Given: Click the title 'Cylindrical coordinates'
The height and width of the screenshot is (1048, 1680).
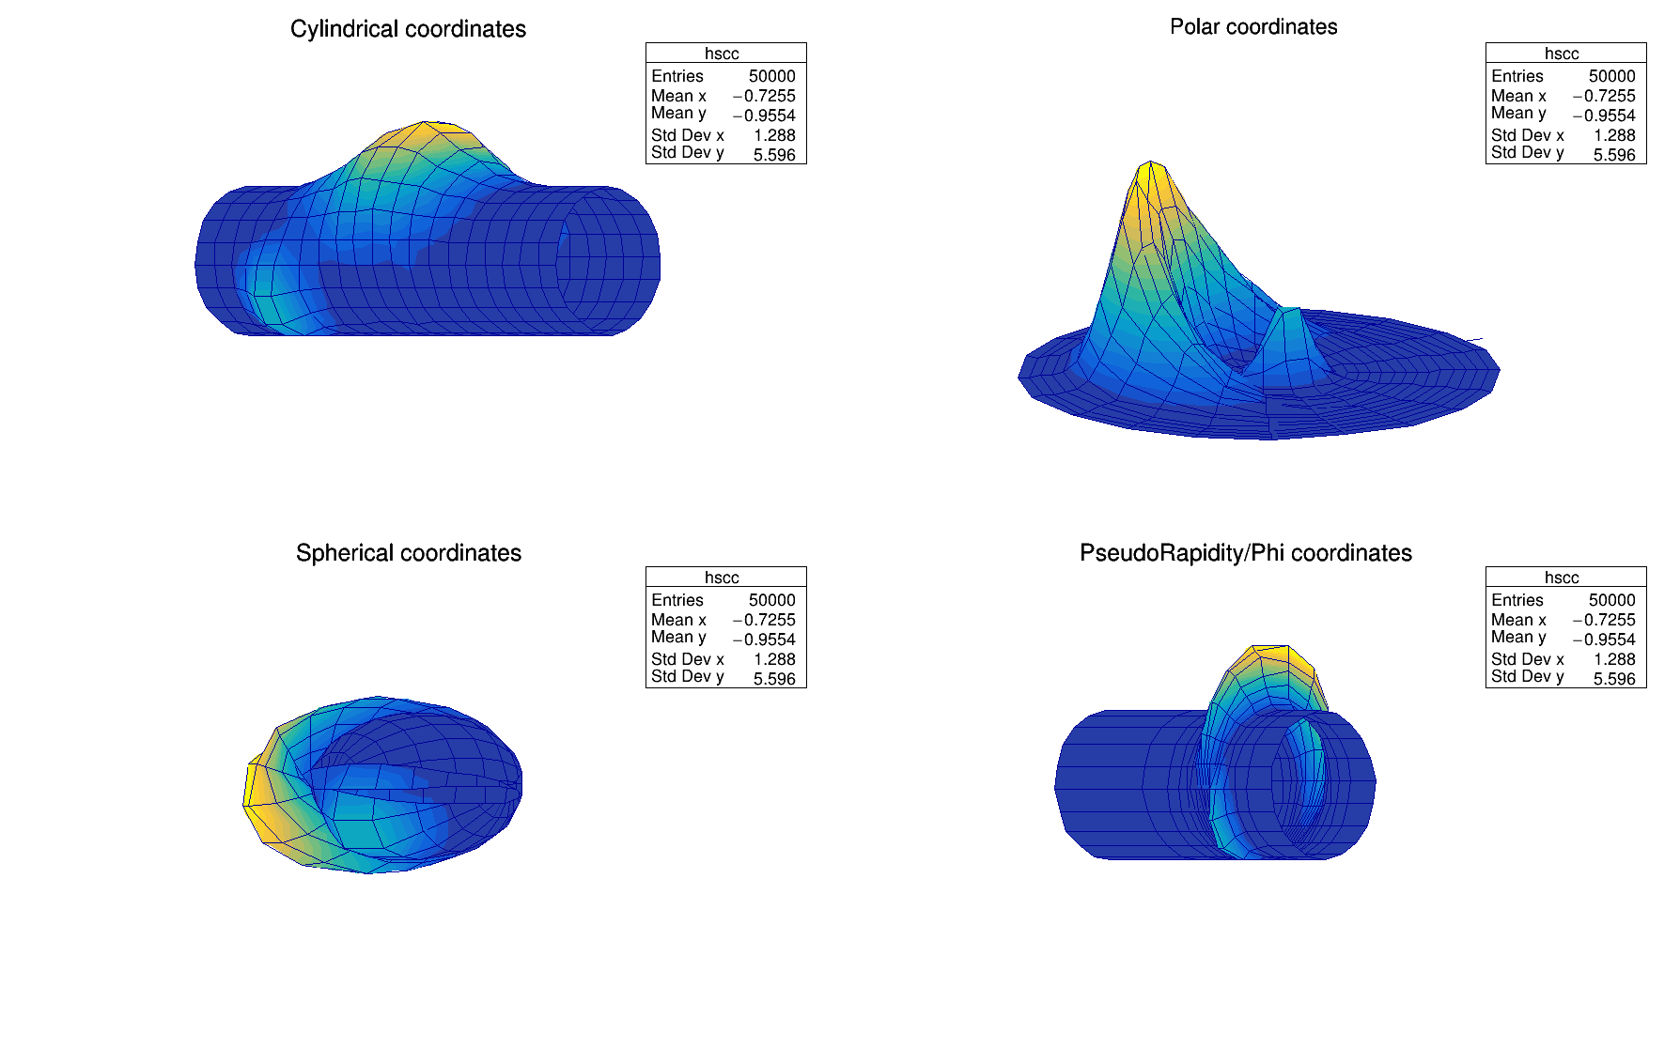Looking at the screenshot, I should (408, 29).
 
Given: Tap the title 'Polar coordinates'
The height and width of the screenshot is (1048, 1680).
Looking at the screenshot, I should (1252, 27).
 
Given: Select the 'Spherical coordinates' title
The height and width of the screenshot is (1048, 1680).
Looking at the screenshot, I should (408, 553).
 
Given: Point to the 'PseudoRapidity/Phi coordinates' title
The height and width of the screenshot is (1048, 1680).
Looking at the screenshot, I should (1245, 553).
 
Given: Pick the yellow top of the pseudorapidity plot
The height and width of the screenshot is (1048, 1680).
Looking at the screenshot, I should (1272, 654).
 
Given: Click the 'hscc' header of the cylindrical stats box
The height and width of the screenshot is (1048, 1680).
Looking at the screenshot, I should (722, 54).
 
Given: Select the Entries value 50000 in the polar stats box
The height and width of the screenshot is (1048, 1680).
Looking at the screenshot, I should (1611, 76).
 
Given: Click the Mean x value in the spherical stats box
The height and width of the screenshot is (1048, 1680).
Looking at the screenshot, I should (764, 620).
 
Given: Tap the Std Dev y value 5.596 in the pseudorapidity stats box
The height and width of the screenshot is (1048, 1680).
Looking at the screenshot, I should (1614, 679).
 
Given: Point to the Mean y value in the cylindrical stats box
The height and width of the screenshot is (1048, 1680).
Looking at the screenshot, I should (764, 116).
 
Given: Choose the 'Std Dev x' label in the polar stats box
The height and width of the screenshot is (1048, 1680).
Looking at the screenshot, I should (1527, 135).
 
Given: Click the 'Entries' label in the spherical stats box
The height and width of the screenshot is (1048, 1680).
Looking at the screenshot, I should (677, 600).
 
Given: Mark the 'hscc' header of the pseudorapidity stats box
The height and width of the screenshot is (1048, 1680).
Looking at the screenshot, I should (1562, 578).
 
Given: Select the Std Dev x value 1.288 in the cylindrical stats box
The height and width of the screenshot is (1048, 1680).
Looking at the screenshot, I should (774, 135).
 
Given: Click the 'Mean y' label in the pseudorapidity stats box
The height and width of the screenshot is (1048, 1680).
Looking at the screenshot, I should (1517, 638).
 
